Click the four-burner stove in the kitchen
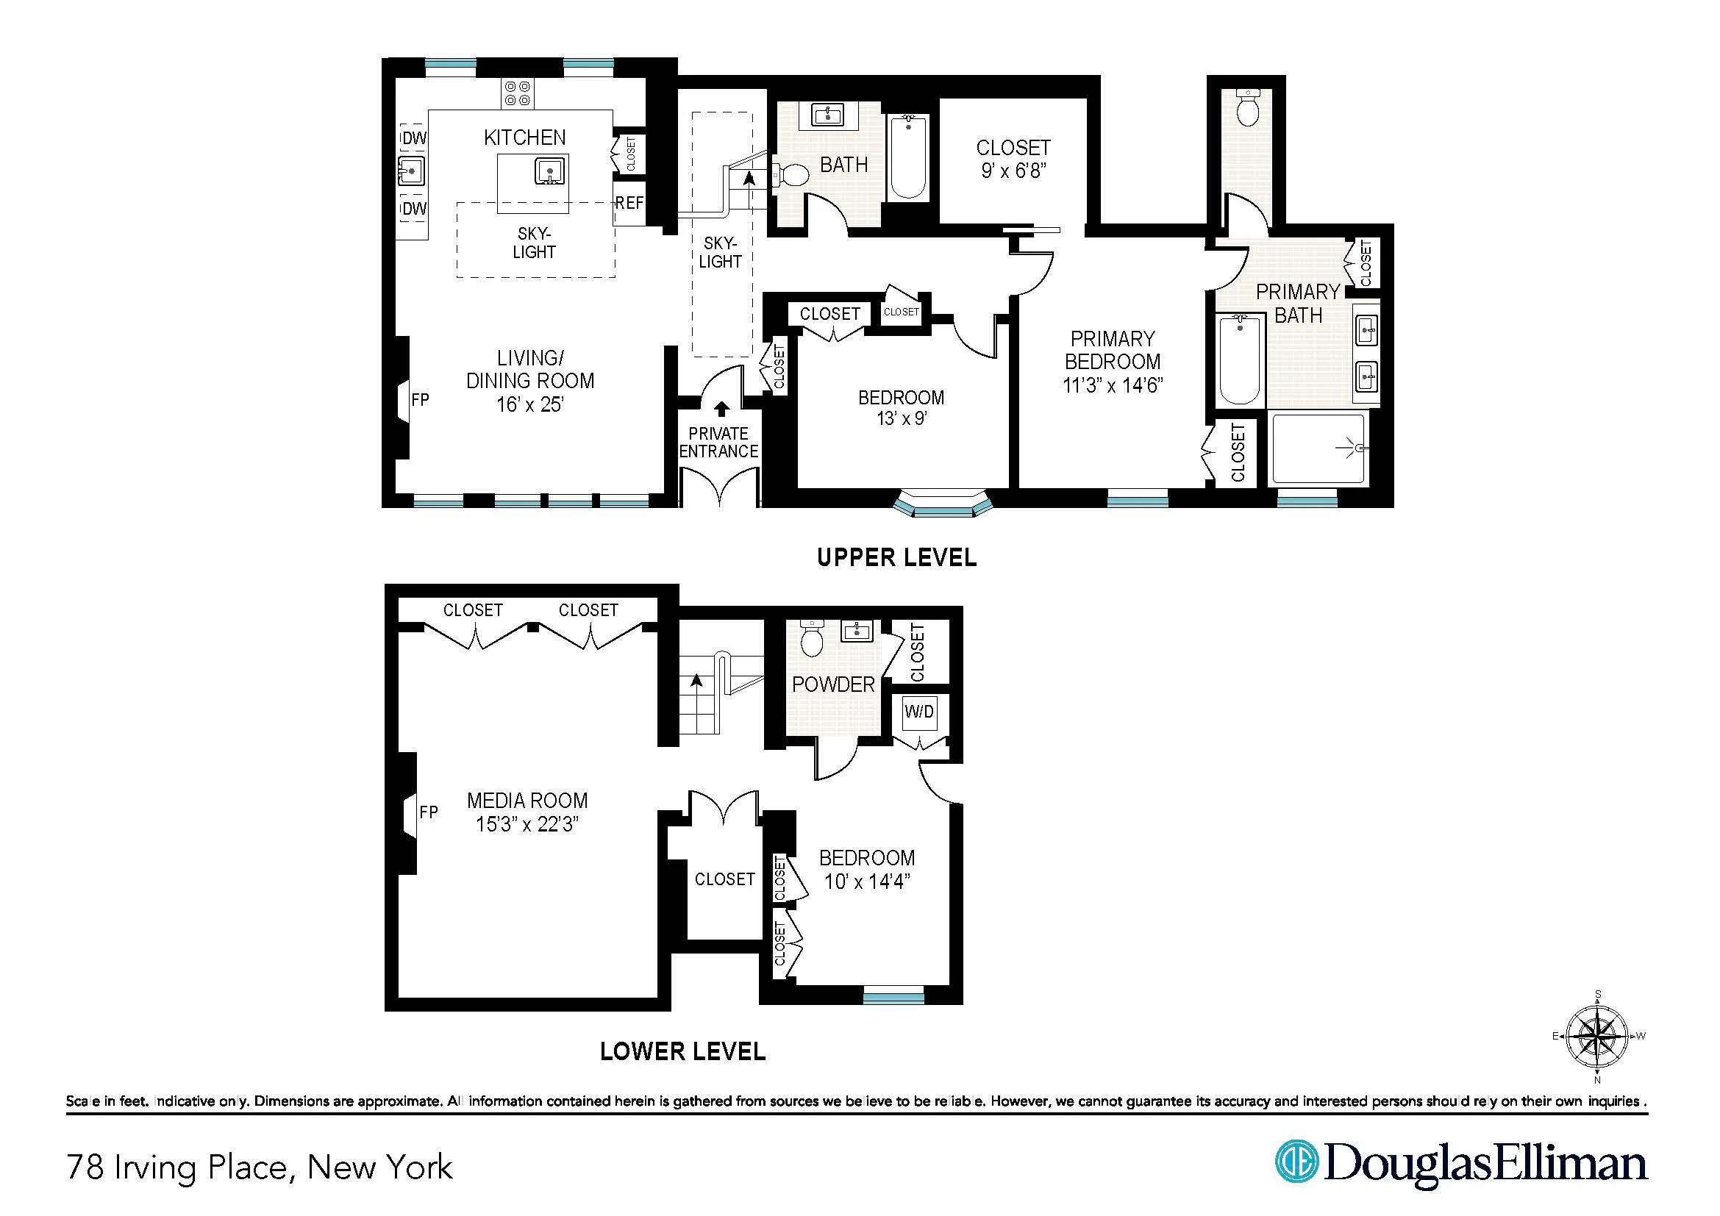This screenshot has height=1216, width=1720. click(x=518, y=93)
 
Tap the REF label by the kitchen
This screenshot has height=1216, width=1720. click(x=629, y=203)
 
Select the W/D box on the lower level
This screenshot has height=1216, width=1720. click(x=919, y=712)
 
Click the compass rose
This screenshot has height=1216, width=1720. click(x=1597, y=1037)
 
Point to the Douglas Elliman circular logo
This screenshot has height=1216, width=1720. click(x=1296, y=1162)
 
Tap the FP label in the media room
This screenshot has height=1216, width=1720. click(x=429, y=812)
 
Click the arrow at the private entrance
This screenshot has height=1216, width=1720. click(x=721, y=409)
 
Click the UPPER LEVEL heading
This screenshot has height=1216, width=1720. click(x=896, y=558)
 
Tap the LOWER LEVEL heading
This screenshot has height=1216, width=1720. click(x=682, y=1051)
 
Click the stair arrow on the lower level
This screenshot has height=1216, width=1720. click(x=697, y=680)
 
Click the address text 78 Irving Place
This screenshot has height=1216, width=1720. click(x=259, y=1167)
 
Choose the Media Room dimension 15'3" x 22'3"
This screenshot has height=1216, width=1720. click(x=527, y=824)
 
